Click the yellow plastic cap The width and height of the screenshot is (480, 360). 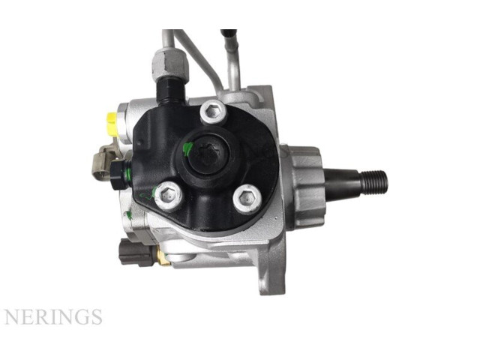pyautogui.click(x=111, y=124)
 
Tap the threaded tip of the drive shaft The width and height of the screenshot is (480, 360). pyautogui.click(x=374, y=181)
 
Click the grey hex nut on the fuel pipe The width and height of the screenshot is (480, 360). pyautogui.click(x=169, y=64)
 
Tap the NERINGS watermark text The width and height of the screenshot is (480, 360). pyautogui.click(x=52, y=317)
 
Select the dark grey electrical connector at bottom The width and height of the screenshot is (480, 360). pyautogui.click(x=136, y=252)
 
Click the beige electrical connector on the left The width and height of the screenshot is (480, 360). pyautogui.click(x=103, y=165)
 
